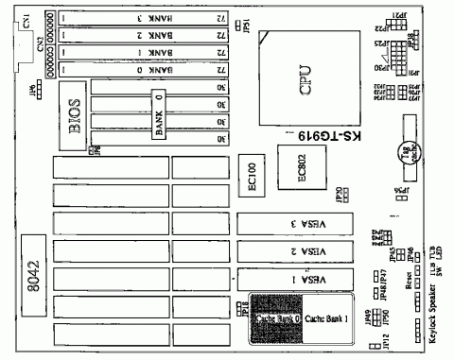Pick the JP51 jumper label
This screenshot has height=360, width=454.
pos(245,23)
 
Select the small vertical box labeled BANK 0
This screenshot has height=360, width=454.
pos(158,116)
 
